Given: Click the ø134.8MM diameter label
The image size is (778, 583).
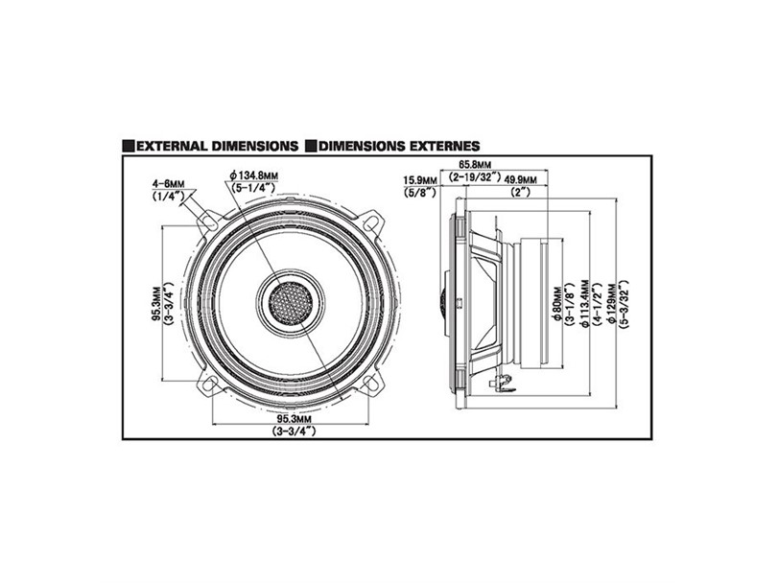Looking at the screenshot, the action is pyautogui.click(x=253, y=175).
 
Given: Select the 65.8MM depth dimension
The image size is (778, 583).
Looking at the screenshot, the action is pyautogui.click(x=474, y=164).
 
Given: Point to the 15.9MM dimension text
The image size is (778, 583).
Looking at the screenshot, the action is pyautogui.click(x=420, y=179).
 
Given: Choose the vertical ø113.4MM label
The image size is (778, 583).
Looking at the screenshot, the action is pyautogui.click(x=585, y=304).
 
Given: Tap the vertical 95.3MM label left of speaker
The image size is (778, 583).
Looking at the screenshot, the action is pyautogui.click(x=156, y=303).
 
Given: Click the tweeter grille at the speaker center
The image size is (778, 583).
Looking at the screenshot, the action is pyautogui.click(x=291, y=303).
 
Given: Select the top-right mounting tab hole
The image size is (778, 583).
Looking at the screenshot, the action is pyautogui.click(x=371, y=222).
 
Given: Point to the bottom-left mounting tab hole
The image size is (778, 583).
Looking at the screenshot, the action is pyautogui.click(x=210, y=384).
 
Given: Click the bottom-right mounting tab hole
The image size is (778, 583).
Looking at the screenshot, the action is pyautogui.click(x=370, y=383).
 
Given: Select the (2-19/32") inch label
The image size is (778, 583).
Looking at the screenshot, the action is pyautogui.click(x=475, y=177).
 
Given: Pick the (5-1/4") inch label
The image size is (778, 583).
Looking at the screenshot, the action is pyautogui.click(x=253, y=187).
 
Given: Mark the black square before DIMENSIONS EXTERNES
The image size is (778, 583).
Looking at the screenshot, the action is pyautogui.click(x=311, y=147).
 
